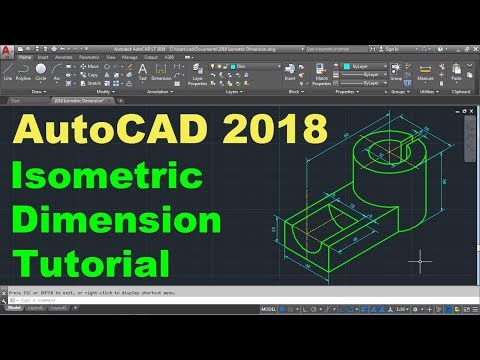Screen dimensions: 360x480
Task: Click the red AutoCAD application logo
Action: [8, 51]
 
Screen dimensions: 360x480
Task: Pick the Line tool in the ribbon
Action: [8, 72]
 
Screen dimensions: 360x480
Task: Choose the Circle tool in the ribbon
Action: [42, 72]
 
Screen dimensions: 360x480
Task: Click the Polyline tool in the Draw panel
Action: [24, 72]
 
